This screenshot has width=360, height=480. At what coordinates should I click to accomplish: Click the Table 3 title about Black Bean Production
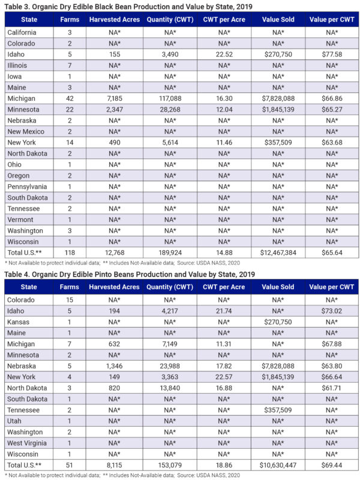[128, 7]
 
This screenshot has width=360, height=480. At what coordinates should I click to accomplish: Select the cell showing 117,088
[175, 97]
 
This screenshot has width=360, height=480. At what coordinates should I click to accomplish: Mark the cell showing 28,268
[175, 109]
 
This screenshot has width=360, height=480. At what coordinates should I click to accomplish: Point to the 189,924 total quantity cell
[175, 253]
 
